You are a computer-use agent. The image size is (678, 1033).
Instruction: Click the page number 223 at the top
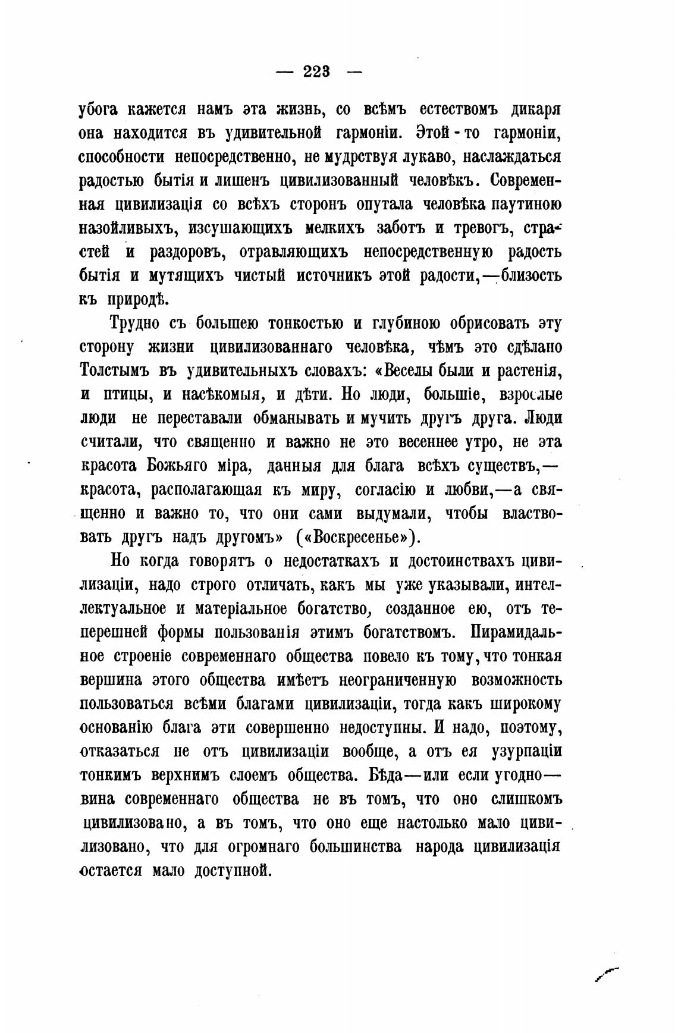(x=316, y=72)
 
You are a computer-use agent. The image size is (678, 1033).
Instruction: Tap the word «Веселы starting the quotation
(x=404, y=371)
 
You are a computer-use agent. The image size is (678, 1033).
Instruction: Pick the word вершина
(x=110, y=680)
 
